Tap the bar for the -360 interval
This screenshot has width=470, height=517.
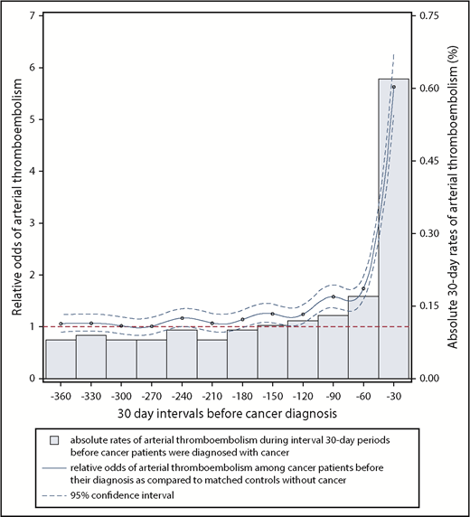point(61,359)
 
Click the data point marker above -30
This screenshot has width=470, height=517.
point(393,87)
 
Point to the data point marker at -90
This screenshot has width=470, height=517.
point(333,296)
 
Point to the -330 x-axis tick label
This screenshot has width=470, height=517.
point(90,395)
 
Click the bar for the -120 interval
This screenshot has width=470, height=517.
point(302,349)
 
